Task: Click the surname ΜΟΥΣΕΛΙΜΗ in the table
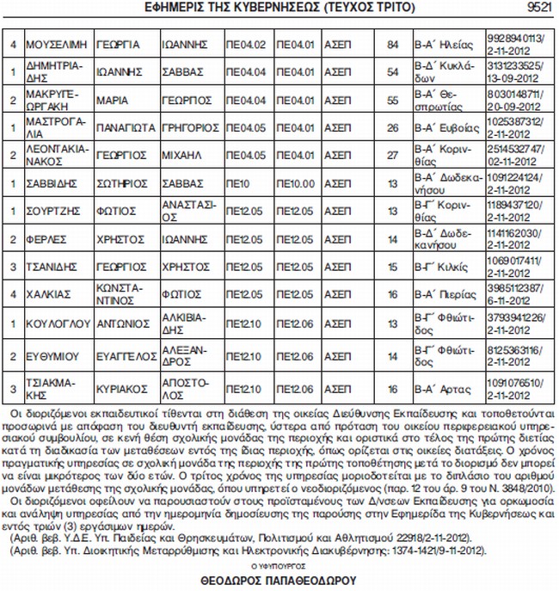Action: point(57,43)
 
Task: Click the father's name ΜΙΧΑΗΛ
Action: point(182,155)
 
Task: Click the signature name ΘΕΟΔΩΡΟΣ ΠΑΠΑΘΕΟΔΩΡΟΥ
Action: point(279,581)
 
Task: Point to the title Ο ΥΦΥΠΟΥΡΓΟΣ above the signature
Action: point(278,568)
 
